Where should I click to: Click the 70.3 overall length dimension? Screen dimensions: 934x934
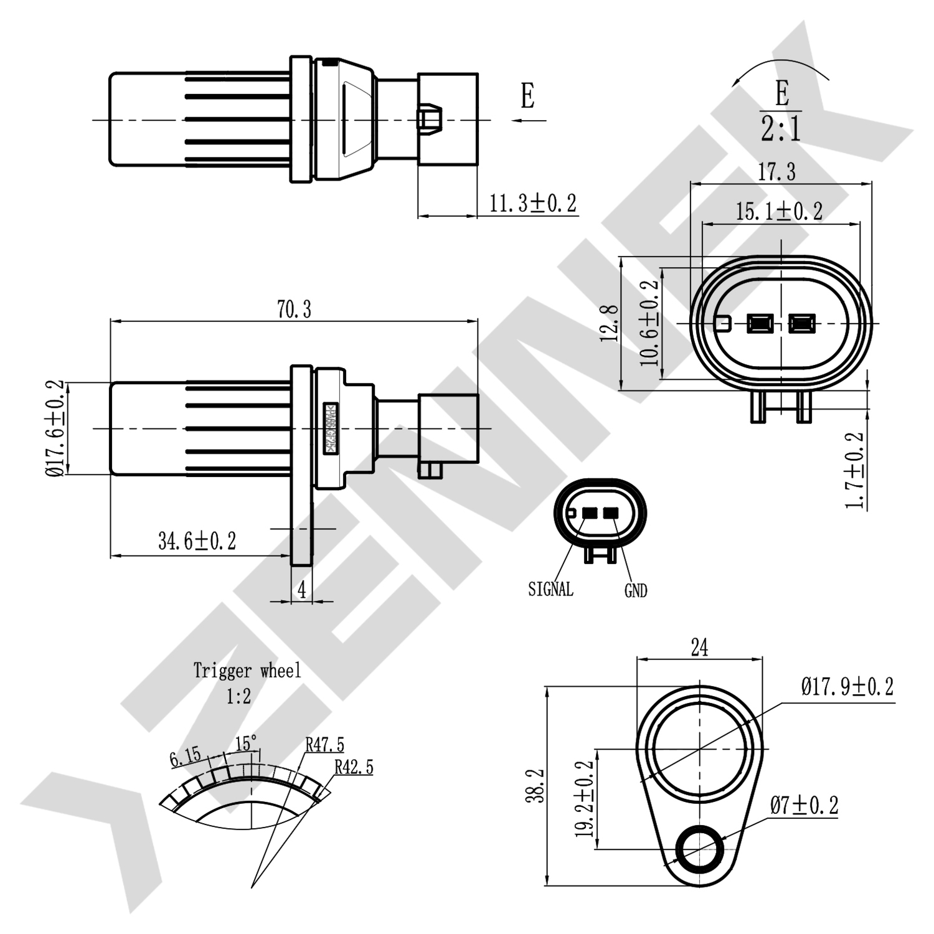pos(294,309)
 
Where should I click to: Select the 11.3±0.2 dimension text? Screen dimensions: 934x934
pos(532,204)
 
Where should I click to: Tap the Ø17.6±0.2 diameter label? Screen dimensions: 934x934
pos(55,428)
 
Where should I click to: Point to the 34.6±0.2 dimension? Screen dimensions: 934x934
pos(197,541)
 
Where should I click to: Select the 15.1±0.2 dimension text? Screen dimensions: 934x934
pos(779,212)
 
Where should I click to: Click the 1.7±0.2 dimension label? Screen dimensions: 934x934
pos(856,470)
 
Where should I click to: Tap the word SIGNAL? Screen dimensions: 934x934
pos(550,589)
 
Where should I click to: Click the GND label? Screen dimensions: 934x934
pos(636,591)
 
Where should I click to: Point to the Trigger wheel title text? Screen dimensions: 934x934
pos(247,671)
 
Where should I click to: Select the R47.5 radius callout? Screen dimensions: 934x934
pos(324,745)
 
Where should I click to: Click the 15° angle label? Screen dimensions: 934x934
pos(246,743)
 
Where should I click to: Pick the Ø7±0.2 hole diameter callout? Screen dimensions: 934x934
pos(804,806)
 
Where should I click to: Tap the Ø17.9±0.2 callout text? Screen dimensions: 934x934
pos(847,687)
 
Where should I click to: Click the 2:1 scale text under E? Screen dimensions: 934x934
pos(781,129)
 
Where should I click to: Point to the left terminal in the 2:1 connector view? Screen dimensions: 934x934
pos(760,324)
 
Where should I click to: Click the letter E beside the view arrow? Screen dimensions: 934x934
pos(527,97)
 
